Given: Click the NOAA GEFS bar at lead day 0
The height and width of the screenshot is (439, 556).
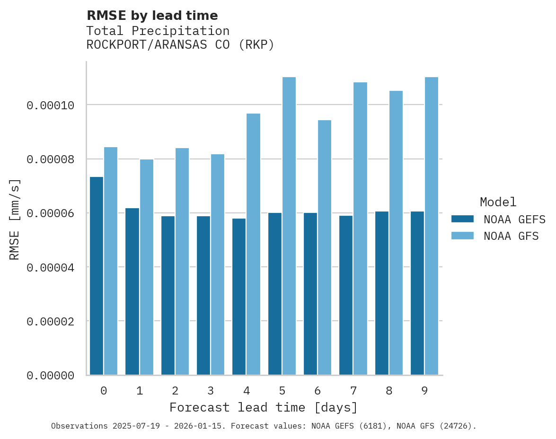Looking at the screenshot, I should point(97,276).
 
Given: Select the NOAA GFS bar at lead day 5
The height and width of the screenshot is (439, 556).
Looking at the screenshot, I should point(289,226).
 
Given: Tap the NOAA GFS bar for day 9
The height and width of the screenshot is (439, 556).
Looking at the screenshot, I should point(432,226).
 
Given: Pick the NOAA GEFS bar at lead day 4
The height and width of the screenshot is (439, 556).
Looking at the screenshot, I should point(239,297).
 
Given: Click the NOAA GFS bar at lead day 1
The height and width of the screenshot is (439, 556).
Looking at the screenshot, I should point(146,267).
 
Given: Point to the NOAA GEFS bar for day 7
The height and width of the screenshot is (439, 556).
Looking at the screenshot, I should point(346,295).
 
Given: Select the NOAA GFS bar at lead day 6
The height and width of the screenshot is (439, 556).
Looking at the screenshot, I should point(325,247).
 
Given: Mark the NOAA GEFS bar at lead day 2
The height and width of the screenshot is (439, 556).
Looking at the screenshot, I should point(168,296).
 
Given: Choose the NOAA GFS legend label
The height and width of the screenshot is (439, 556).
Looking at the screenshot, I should point(511,236).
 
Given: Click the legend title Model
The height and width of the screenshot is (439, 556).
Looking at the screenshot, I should point(498,202).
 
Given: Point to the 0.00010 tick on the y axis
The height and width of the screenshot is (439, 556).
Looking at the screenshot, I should point(51,105).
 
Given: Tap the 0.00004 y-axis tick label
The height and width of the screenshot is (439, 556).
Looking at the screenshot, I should point(51,268).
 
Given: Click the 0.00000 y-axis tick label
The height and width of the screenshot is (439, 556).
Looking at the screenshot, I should point(51,376).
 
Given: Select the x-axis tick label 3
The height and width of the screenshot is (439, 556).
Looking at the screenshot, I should point(211,391).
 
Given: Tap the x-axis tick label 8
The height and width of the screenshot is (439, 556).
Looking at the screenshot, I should point(389,391).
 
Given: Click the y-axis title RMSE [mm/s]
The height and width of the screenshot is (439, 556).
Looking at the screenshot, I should point(15,219).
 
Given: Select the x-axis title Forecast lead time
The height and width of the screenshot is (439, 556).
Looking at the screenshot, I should point(264,407).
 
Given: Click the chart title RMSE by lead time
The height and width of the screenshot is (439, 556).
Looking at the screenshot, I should point(152,16).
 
